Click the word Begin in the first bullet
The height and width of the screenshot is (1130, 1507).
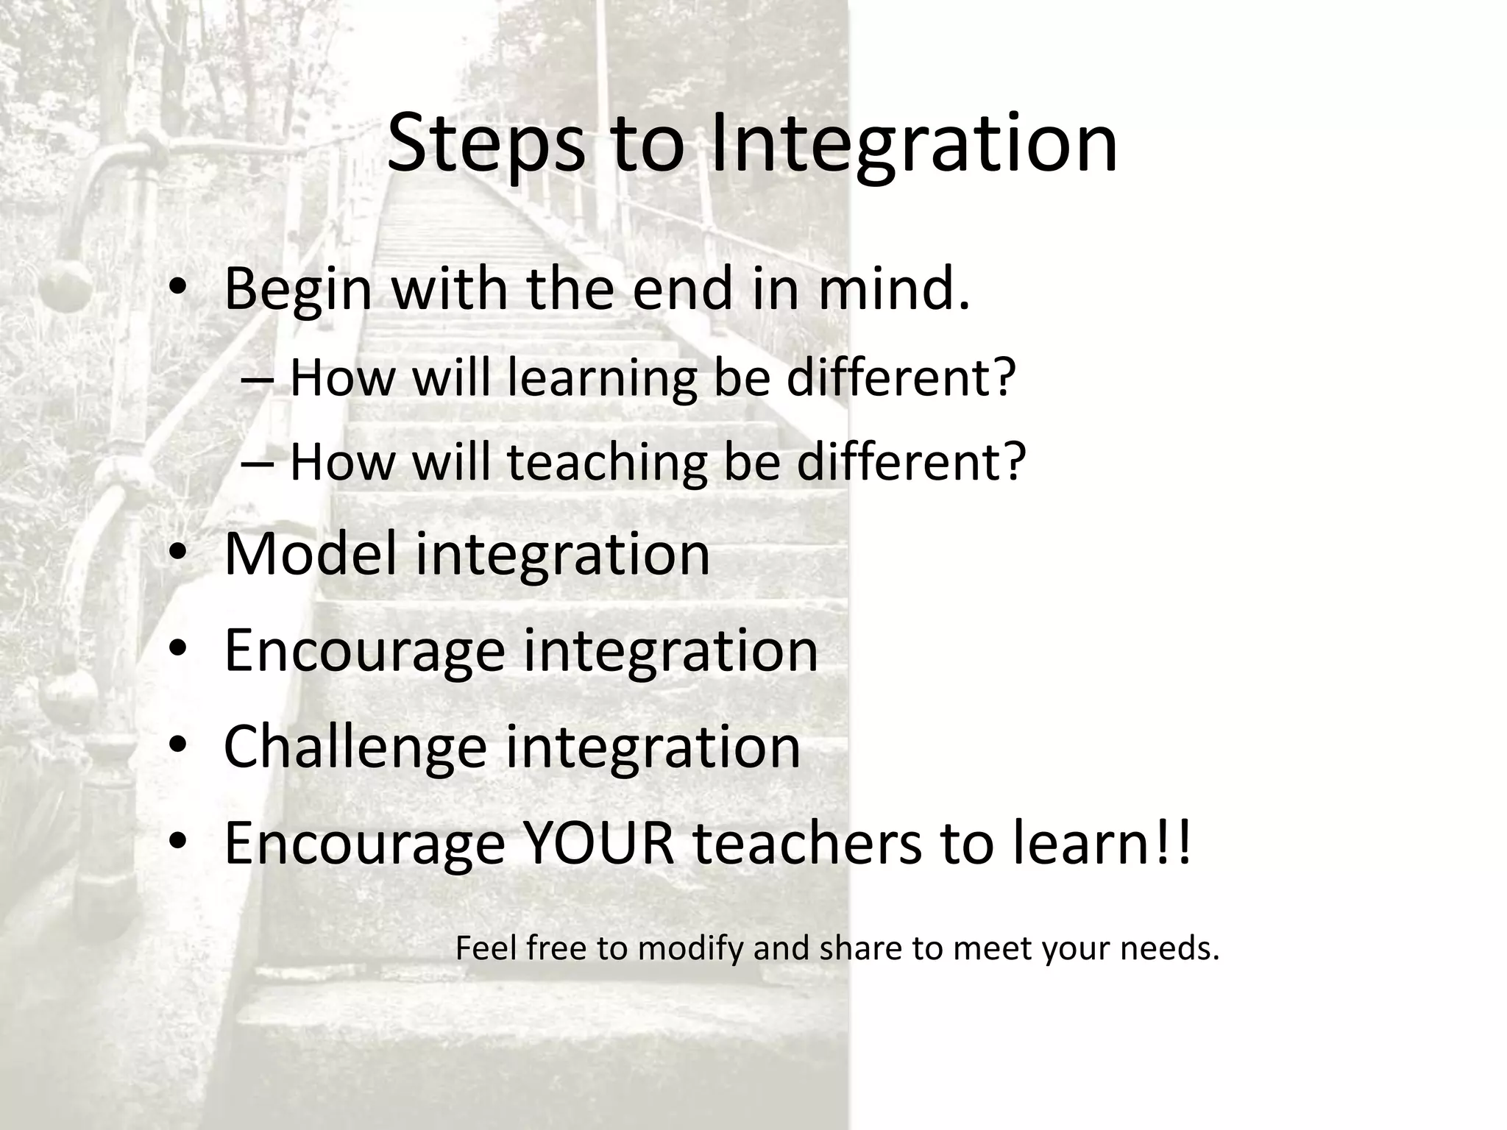[x=297, y=289]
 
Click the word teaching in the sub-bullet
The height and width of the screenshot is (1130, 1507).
[x=607, y=463]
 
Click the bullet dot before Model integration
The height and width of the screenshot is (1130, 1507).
[x=179, y=553]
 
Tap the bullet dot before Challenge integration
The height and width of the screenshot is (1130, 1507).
[x=179, y=746]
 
